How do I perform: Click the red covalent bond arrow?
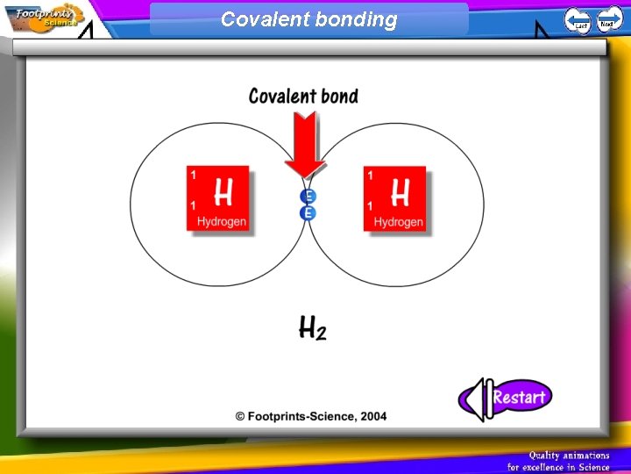pos(304,145)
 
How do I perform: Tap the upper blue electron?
pos(308,197)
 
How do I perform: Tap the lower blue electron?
pos(308,213)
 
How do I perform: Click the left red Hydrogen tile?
pos(217,198)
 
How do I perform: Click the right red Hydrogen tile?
pos(394,198)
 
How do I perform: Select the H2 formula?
pos(312,328)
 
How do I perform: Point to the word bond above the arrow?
pos(336,96)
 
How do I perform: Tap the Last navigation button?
pos(577,19)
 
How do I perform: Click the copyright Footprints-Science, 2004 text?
pos(310,416)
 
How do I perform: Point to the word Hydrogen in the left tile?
pos(221,222)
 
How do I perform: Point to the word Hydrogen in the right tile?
pos(398,222)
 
